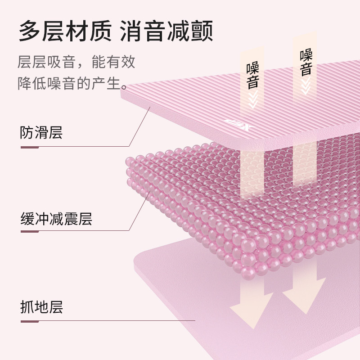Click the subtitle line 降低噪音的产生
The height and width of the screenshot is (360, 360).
[72, 84]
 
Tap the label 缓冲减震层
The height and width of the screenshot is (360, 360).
[56, 219]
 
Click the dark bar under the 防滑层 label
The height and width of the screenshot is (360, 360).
[29, 146]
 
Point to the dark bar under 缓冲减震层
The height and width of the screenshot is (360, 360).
[29, 233]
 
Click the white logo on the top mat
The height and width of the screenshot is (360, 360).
[229, 124]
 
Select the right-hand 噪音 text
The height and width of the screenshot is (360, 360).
[306, 62]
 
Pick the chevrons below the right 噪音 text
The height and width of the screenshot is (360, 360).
[306, 88]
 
